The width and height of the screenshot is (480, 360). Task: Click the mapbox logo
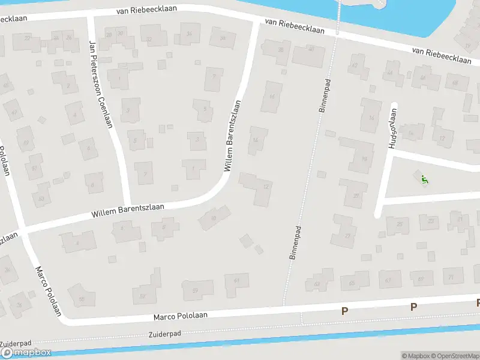point(26,352)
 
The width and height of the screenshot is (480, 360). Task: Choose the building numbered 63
point(318,281)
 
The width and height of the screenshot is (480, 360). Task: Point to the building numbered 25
point(398,226)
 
